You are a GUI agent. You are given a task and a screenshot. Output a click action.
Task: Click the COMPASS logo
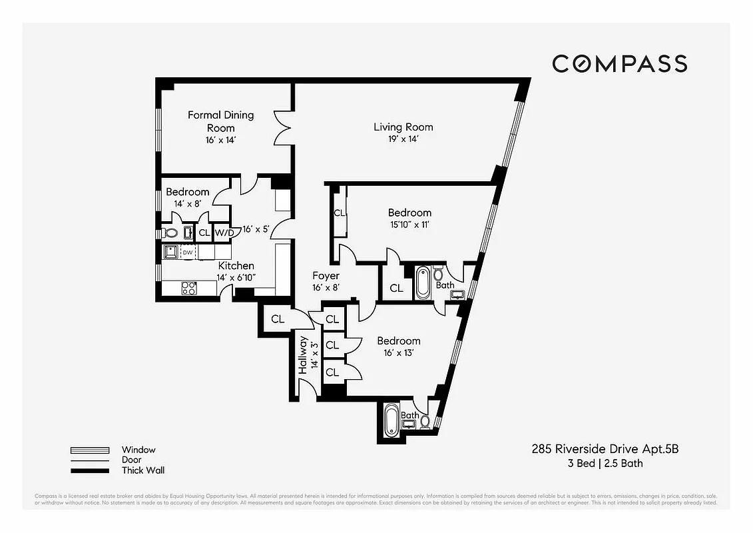[x=619, y=64]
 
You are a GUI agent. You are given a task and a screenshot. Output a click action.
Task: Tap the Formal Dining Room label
[x=220, y=121]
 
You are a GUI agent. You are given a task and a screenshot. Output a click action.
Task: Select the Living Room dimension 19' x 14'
[x=403, y=139]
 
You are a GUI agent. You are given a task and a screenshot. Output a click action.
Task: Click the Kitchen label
[x=236, y=265]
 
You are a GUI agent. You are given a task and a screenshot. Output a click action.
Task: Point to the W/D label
[x=224, y=233]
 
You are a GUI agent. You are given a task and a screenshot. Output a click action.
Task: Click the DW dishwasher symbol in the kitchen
[x=188, y=253]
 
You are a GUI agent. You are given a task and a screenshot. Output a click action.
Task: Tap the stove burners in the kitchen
[x=189, y=288]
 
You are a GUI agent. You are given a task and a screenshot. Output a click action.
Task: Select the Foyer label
[x=326, y=275]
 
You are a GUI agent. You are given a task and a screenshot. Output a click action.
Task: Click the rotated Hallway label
[x=303, y=355]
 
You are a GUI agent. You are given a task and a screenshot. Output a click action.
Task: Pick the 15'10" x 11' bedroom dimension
[x=409, y=225]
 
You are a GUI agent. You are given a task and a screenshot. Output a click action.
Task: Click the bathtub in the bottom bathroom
[x=391, y=421]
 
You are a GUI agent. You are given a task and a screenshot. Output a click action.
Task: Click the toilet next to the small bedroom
[x=170, y=233]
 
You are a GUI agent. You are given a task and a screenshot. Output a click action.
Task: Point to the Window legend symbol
[x=89, y=450]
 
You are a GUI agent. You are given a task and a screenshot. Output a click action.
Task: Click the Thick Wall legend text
[x=142, y=470]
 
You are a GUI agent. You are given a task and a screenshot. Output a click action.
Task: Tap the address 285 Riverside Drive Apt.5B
[x=605, y=449]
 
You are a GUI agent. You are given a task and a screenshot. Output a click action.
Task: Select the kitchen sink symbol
[x=171, y=252]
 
